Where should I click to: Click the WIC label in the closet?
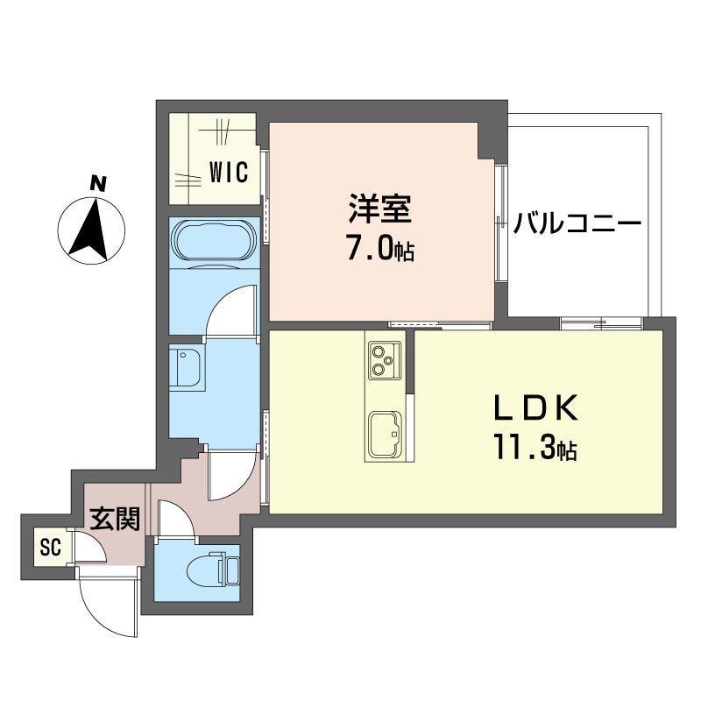click(x=229, y=172)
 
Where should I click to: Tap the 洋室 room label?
click(x=380, y=209)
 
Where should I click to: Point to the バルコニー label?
click(x=577, y=223)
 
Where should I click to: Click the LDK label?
click(x=535, y=407)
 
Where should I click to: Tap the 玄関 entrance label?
click(x=116, y=519)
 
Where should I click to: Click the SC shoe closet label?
click(x=51, y=546)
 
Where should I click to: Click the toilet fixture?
click(x=213, y=571)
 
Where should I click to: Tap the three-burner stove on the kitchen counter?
click(x=385, y=360)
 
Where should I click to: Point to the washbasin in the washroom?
click(x=188, y=366)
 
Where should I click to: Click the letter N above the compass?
click(x=98, y=183)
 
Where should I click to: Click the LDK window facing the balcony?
click(x=602, y=323)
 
